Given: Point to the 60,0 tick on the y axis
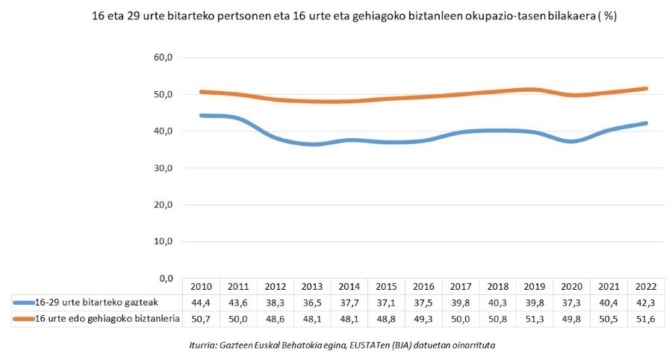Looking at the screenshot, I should click(163, 58).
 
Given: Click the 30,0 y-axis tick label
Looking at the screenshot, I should click(163, 168).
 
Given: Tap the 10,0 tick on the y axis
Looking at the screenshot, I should click(163, 242).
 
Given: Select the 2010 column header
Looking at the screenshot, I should click(201, 286).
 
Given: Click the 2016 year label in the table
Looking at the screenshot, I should click(423, 286).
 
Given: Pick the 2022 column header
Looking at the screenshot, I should click(646, 286).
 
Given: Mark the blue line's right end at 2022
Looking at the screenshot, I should click(646, 123).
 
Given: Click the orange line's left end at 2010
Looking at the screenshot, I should click(202, 92).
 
